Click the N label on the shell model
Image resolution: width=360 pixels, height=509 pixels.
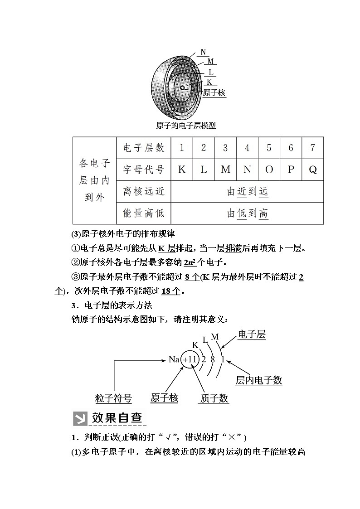click(204, 52)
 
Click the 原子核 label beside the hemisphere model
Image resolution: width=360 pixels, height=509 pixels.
click(214, 93)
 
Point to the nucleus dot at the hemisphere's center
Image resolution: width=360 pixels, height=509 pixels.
click(182, 87)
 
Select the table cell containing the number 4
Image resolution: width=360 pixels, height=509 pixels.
click(247, 148)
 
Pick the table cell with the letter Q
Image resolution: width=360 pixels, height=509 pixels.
click(312, 170)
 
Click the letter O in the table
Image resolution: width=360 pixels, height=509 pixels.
click(269, 170)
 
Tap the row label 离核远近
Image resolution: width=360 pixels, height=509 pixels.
click(144, 191)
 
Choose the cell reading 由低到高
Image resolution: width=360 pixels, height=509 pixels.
click(248, 213)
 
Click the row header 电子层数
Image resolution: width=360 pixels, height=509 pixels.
click(144, 148)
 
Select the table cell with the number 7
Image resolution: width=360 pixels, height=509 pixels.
click(312, 148)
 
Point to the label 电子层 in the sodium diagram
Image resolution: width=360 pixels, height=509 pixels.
click(252, 335)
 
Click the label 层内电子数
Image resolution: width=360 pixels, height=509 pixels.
click(258, 380)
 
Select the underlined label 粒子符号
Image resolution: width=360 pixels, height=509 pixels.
click(113, 398)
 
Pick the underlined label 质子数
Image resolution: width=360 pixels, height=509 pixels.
click(214, 398)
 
